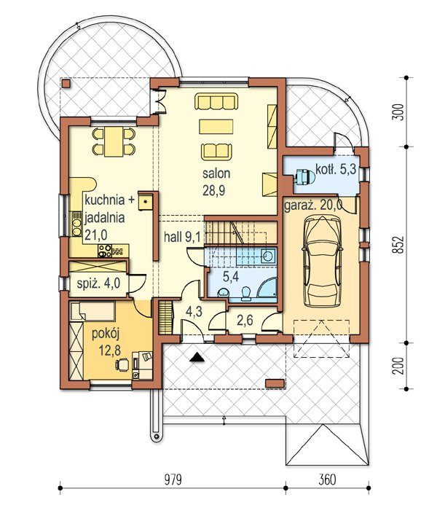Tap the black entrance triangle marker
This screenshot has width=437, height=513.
[x=197, y=357]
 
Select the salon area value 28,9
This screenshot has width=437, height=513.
[x=213, y=191]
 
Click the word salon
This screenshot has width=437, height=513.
[x=216, y=173]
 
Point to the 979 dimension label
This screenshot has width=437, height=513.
[x=173, y=480]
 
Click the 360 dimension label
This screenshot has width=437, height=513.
[x=327, y=480]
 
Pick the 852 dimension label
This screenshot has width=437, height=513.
[x=398, y=244]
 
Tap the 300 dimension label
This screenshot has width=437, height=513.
[x=398, y=112]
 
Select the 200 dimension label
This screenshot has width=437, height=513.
[x=398, y=366]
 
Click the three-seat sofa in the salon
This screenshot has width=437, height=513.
[x=216, y=101]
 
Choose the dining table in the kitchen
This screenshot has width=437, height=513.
[x=114, y=141]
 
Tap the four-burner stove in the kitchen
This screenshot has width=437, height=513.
[x=105, y=251]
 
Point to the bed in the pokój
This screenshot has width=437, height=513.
[x=93, y=311]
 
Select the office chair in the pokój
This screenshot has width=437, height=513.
[x=122, y=364]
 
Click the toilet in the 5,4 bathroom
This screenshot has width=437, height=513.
[x=245, y=293]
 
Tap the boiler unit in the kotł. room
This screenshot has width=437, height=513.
[x=304, y=177]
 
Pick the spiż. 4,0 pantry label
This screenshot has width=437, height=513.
[x=99, y=283]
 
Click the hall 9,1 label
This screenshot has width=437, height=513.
[x=182, y=237]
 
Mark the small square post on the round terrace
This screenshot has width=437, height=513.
[x=66, y=84]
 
